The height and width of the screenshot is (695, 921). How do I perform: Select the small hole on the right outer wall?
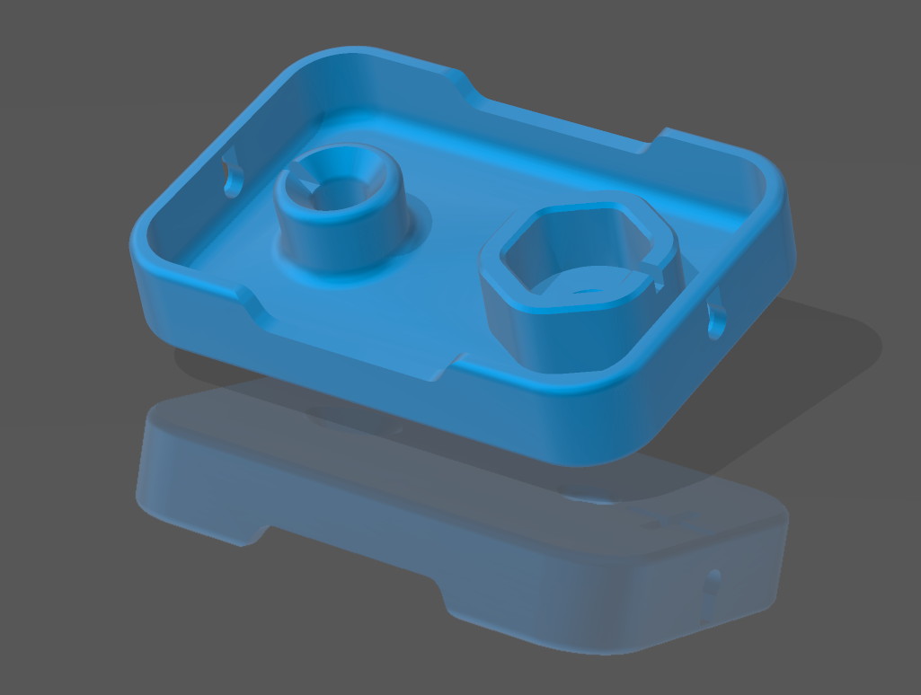(716, 321)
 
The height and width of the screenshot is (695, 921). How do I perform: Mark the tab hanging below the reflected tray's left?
(243, 530)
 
